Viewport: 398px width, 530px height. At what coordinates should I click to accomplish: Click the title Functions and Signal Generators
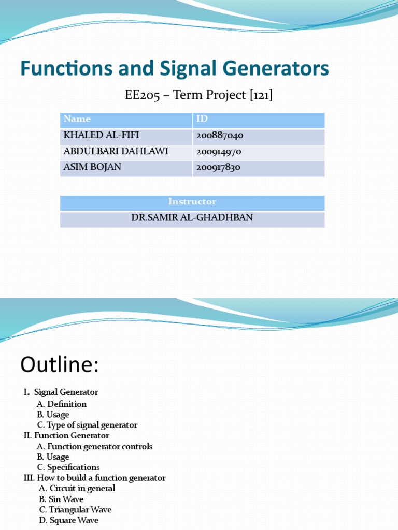(x=175, y=69)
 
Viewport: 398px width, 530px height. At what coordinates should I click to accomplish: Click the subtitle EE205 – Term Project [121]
(x=199, y=95)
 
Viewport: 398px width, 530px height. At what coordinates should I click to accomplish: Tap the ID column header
(x=202, y=120)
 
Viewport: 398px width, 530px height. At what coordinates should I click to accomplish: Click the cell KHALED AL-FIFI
(x=101, y=136)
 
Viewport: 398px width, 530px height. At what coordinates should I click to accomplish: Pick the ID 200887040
(x=220, y=136)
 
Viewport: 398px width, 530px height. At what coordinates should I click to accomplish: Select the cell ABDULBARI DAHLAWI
(x=116, y=152)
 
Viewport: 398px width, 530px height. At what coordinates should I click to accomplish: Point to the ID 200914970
(x=219, y=152)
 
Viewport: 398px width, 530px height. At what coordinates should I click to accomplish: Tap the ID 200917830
(x=219, y=168)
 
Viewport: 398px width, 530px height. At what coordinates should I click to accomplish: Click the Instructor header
(x=192, y=202)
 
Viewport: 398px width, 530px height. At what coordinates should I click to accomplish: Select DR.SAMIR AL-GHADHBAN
(x=192, y=218)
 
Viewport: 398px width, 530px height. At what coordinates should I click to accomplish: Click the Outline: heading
(x=59, y=365)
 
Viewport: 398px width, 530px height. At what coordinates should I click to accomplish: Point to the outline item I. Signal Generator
(x=61, y=392)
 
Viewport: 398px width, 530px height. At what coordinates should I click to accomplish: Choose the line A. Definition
(x=62, y=404)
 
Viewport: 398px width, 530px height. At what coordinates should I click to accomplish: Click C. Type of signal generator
(x=87, y=425)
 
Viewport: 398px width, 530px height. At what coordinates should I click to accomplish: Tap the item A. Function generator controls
(x=94, y=446)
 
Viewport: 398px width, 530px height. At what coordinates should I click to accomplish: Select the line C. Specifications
(x=68, y=467)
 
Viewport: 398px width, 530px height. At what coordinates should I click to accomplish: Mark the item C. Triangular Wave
(x=75, y=510)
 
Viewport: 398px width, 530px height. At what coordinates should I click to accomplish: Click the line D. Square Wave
(x=68, y=520)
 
